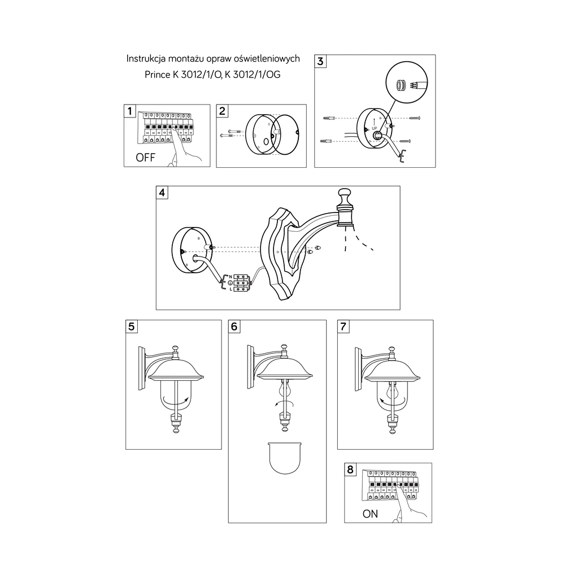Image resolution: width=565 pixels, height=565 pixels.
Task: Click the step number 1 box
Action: point(130,111)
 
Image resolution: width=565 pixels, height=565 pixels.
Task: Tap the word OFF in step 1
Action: point(145,158)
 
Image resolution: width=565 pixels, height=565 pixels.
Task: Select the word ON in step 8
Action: point(370,514)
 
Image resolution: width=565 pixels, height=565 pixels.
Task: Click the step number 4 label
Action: point(162,193)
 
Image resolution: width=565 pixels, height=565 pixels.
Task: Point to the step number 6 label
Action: point(234,327)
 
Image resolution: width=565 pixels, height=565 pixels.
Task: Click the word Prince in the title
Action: point(158,75)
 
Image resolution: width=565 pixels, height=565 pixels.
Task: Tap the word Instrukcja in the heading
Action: point(146,59)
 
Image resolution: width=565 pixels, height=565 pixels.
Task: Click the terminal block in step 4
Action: point(241,283)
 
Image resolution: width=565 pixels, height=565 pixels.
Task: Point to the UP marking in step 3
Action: point(375,128)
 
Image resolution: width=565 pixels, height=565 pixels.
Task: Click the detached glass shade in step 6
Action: point(285,458)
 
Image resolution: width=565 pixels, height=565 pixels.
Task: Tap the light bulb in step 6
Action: point(284,390)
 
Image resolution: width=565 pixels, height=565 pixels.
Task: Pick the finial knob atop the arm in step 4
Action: point(345,197)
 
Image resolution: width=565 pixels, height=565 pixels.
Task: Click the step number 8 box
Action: point(350,470)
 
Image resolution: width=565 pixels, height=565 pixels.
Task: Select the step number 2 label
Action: point(222,111)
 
